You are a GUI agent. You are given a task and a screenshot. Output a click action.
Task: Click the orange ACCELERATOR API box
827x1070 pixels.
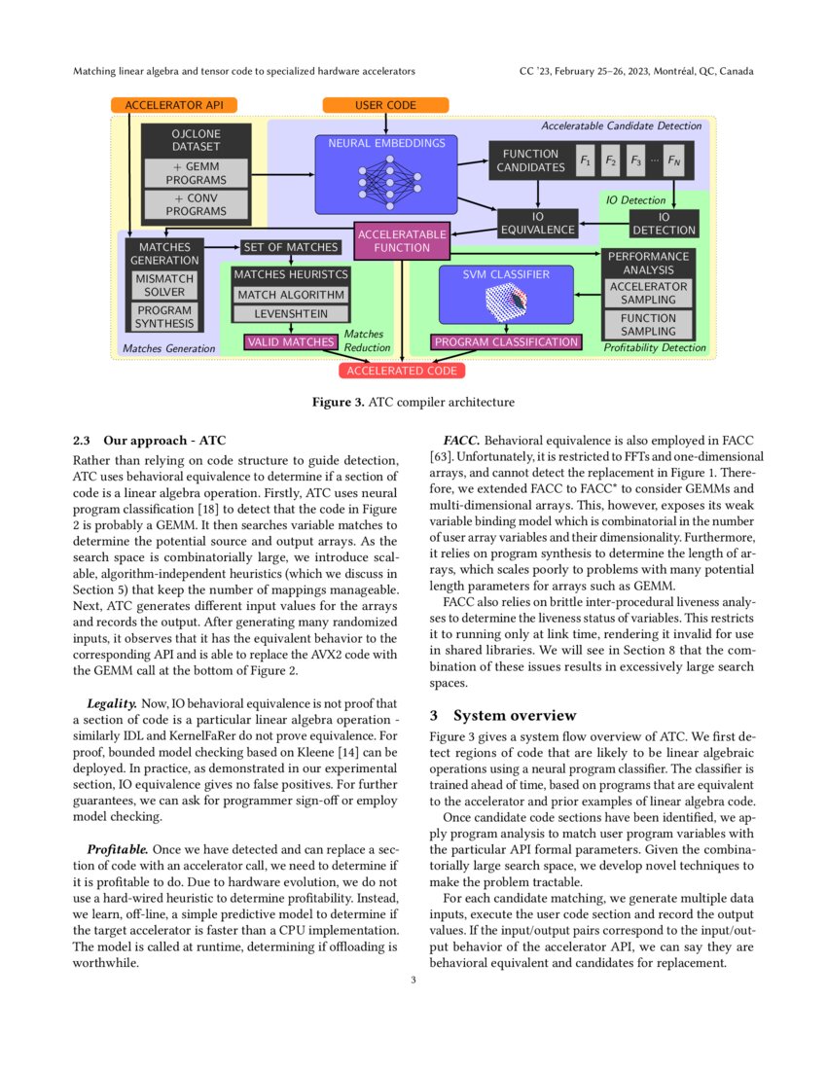pos(174,105)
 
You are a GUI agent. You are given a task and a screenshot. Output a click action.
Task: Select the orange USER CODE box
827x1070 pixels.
pos(385,105)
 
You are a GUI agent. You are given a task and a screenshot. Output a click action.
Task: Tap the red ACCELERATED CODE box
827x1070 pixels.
pos(401,371)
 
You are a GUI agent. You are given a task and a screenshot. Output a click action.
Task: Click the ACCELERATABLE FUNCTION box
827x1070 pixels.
pos(402,240)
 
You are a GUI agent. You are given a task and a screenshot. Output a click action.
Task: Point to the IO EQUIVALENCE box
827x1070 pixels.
pos(538,224)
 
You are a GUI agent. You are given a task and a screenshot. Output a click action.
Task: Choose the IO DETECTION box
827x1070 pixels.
pos(664,224)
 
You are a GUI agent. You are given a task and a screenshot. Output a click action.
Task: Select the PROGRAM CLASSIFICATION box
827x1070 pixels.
pos(505,341)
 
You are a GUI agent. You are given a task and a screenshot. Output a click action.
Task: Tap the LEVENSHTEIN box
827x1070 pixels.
pos(291,314)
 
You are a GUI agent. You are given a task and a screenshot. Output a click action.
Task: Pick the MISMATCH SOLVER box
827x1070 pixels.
pos(164,285)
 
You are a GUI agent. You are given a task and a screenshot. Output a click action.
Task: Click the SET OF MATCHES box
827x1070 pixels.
pos(291,247)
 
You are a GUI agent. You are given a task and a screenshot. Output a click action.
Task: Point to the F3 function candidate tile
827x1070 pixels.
pos(635,160)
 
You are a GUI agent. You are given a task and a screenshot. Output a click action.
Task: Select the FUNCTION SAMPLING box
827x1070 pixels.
pos(648,325)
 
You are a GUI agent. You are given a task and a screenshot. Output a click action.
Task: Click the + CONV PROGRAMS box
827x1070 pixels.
pos(196,204)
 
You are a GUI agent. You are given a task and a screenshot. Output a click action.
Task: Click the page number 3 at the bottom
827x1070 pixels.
pos(413,980)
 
